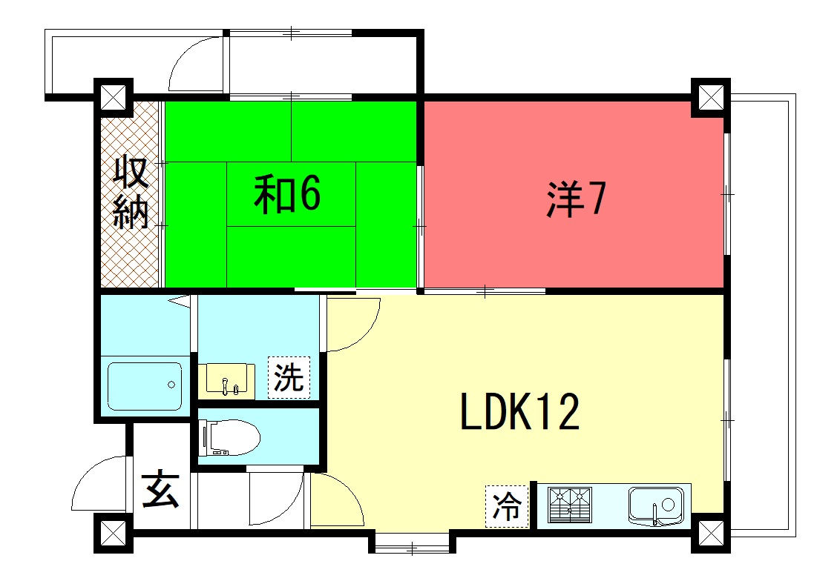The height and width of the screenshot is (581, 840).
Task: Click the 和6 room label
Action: click(x=287, y=193)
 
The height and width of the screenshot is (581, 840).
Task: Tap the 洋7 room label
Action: click(x=576, y=199)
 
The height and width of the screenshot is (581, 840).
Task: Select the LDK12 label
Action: click(x=519, y=411)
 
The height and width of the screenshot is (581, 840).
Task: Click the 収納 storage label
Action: click(x=131, y=192)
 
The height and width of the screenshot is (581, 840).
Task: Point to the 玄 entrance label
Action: click(x=160, y=489)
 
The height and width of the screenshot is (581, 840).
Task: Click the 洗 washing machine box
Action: click(x=289, y=378)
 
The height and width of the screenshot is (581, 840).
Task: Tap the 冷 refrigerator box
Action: click(x=507, y=506)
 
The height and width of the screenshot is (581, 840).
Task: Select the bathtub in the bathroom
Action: click(x=145, y=386)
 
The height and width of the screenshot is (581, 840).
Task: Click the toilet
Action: click(x=229, y=438)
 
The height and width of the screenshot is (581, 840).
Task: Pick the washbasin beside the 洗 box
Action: click(x=226, y=381)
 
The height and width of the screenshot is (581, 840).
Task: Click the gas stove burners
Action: click(x=570, y=505)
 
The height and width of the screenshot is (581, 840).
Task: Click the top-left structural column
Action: click(x=114, y=98)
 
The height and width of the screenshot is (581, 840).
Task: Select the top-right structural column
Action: click(x=711, y=98)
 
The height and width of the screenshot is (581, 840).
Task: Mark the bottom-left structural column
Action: click(x=114, y=534)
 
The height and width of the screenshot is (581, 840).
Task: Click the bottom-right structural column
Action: click(x=711, y=534)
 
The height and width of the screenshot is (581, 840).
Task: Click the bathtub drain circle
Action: click(x=171, y=385)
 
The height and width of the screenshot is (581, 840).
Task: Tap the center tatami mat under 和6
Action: click(x=292, y=193)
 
